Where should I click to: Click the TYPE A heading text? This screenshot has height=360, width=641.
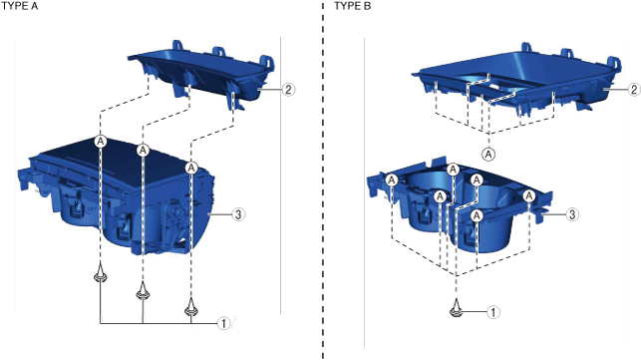click(x=20, y=6)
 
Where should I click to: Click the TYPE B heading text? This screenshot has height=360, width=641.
click(x=353, y=6)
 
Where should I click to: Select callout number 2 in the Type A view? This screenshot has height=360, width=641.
click(x=288, y=89)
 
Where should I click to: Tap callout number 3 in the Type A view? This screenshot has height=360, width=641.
click(x=238, y=214)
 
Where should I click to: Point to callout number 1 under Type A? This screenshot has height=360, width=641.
click(x=223, y=323)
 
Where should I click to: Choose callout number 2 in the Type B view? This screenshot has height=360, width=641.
click(x=634, y=89)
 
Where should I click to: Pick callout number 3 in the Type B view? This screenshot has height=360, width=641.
click(x=572, y=214)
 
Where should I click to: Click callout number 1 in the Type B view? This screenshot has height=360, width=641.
click(x=493, y=312)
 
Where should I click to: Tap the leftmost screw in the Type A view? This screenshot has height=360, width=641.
click(x=100, y=273)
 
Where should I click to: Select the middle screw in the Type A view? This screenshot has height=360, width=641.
click(x=143, y=290)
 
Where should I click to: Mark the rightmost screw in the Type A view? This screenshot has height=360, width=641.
click(x=191, y=307)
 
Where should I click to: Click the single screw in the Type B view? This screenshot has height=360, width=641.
click(x=456, y=308)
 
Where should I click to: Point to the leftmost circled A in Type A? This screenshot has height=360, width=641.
click(x=100, y=142)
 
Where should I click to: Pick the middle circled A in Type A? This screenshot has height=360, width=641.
click(x=143, y=151)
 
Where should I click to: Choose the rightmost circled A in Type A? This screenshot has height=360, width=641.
click(x=191, y=168)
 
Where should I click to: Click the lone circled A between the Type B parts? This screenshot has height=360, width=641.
click(x=488, y=155)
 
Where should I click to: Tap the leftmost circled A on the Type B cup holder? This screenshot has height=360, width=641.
click(x=392, y=180)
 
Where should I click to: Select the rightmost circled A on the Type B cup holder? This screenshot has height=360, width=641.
click(x=529, y=196)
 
